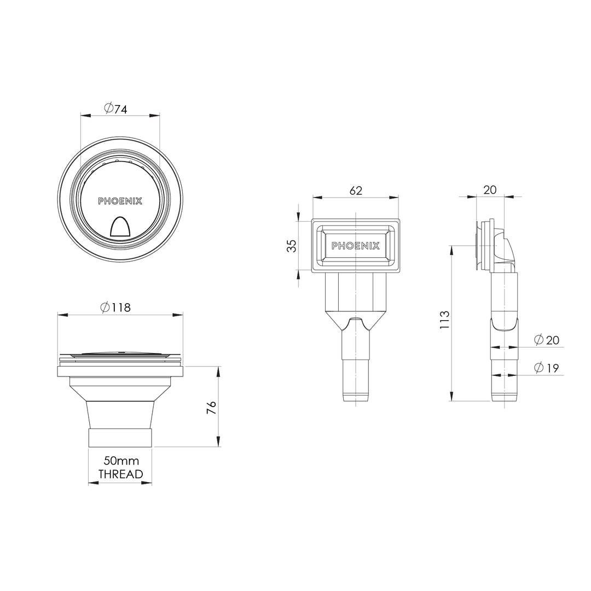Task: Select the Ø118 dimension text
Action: (x=116, y=308)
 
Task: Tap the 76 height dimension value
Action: (x=212, y=407)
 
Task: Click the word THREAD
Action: (x=120, y=474)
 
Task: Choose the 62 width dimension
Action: (x=355, y=190)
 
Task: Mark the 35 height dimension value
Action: (x=293, y=246)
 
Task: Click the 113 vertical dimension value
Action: (x=444, y=319)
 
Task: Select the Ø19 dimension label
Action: (x=546, y=368)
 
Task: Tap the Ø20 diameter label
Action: (x=546, y=340)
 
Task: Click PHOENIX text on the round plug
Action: (x=120, y=201)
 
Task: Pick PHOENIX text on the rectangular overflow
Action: (x=356, y=246)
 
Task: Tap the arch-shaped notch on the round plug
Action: (x=120, y=227)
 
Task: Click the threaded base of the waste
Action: (x=120, y=438)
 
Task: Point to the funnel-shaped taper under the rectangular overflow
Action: (x=356, y=321)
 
